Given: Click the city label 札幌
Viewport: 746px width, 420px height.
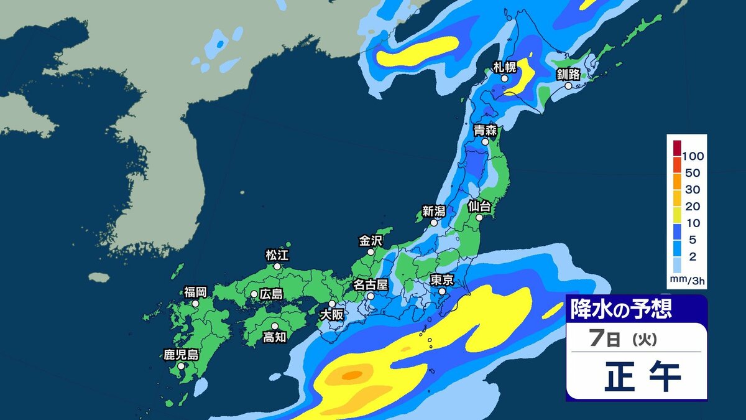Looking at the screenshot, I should (505, 66).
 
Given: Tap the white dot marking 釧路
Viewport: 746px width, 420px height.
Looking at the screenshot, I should (568, 85).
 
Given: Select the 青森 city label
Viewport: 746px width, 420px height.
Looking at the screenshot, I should (486, 130).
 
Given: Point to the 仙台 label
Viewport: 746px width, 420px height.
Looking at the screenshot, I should (479, 205).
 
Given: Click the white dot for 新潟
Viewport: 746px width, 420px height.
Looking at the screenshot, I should (434, 222).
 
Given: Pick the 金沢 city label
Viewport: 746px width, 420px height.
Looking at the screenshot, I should (371, 240).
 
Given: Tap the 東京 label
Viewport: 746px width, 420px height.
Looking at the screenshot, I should (441, 279).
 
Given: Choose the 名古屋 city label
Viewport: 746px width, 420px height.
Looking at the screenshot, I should (371, 284).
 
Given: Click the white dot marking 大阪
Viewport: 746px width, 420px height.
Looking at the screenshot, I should (332, 304).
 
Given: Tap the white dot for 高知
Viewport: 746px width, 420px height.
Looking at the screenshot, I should (275, 325).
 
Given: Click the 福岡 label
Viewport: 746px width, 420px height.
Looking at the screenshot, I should (195, 291).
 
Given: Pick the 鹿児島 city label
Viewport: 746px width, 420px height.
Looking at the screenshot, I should (181, 355).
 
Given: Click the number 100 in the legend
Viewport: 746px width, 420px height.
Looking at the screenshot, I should (693, 156).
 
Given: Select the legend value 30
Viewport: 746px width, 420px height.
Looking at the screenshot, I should (693, 190).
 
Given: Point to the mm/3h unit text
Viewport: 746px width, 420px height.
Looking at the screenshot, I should (687, 281).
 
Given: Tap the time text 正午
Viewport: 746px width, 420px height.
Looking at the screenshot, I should (642, 376).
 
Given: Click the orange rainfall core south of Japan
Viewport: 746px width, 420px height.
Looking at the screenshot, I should (352, 375).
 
